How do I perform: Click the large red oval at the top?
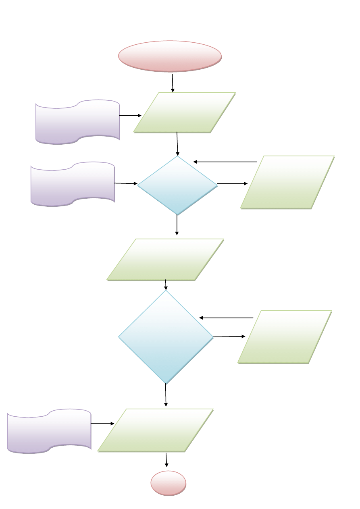click(170, 56)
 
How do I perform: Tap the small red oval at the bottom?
click(169, 483)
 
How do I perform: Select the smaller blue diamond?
click(177, 185)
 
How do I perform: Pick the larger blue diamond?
click(166, 337)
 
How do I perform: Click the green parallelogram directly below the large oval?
click(184, 112)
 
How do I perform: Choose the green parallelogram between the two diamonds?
click(165, 259)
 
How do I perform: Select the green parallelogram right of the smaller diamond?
click(287, 182)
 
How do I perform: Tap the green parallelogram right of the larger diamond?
click(285, 337)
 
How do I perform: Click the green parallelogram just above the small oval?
click(156, 430)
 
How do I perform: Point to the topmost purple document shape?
click(78, 121)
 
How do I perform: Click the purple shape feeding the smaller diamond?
click(73, 184)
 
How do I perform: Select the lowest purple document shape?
click(49, 431)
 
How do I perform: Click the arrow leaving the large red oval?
click(173, 83)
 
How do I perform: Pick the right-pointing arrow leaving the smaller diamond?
click(232, 184)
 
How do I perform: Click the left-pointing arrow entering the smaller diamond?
click(225, 162)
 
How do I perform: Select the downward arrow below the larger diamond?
click(166, 395)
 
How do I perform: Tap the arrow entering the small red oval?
click(166, 460)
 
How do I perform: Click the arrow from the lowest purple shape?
click(102, 424)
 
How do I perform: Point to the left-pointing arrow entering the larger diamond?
click(226, 318)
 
